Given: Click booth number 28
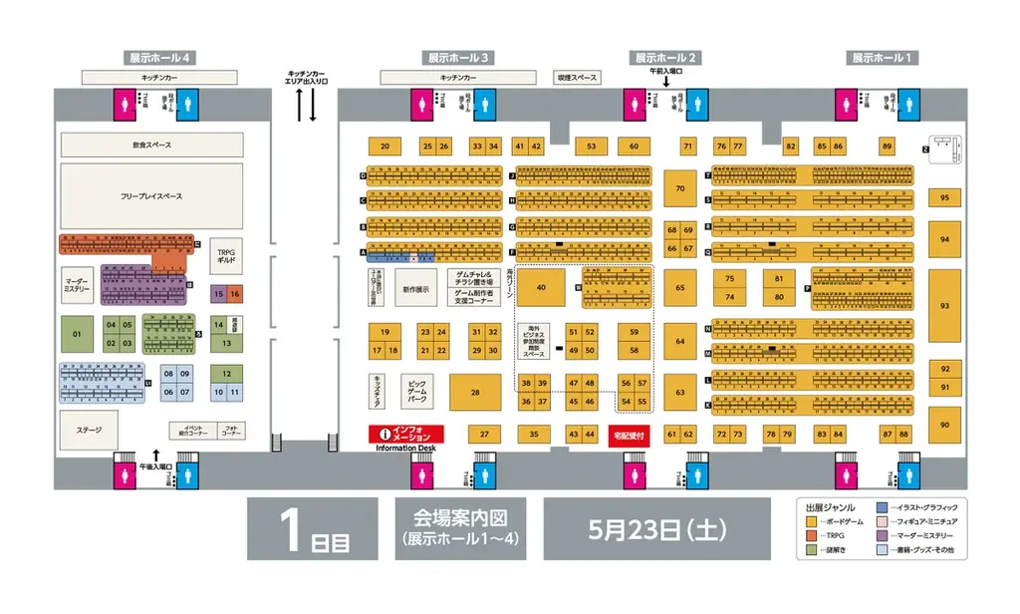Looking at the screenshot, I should tap(475, 393).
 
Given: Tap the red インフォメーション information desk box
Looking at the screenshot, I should tap(405, 435).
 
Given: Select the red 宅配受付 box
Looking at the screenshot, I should tap(630, 436).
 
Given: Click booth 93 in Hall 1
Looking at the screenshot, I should tap(944, 306).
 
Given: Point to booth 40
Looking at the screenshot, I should tap(543, 287).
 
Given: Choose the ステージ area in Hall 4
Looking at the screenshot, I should tap(90, 430).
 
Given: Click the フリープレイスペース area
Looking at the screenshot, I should tap(151, 196).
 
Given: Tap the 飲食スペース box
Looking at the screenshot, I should tap(151, 146).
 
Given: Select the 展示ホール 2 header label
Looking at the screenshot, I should tap(666, 58).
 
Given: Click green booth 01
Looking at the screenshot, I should tap(77, 334).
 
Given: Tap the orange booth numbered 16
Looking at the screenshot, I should tap(235, 294).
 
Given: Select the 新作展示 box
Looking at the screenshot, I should tap(415, 289).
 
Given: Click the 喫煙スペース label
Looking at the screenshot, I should tap(577, 77).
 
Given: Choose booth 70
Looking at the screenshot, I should tap(680, 187).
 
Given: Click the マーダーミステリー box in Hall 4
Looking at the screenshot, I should tap(77, 283).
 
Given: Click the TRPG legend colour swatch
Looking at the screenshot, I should tap(811, 535).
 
